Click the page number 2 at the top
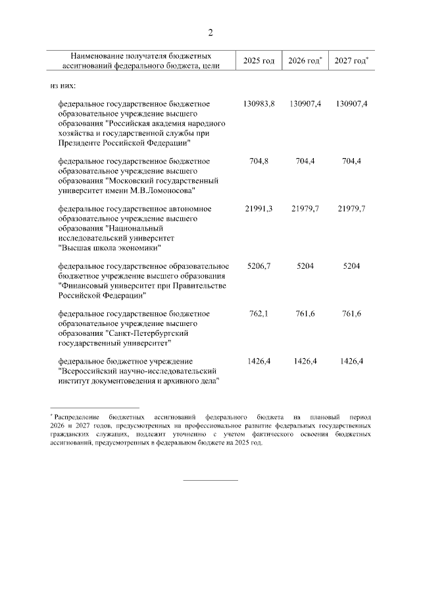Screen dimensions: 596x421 point(210,33)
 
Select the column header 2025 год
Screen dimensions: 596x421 point(259,61)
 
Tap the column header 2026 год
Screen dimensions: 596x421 point(304,61)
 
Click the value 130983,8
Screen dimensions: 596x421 point(259,104)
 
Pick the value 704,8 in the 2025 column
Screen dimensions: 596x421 point(259,161)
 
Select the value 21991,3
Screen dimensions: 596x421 point(259,208)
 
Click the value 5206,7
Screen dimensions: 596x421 point(259,265)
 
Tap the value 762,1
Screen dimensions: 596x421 point(259,313)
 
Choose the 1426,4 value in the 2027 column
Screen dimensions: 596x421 point(351,361)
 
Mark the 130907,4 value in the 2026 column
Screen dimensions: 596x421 point(305,104)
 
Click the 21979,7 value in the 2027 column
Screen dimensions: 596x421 point(351,208)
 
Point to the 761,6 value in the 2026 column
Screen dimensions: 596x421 point(305,313)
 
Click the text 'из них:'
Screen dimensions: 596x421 point(63,85)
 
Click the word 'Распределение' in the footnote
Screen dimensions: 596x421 point(77,418)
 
